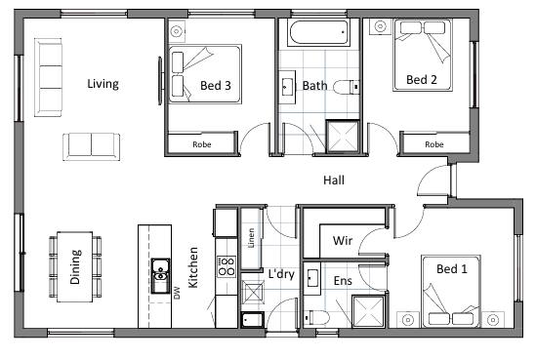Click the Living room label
pyautogui.click(x=103, y=84)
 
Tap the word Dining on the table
pyautogui.click(x=75, y=266)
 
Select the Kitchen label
pyautogui.click(x=193, y=267)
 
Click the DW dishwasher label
pyautogui.click(x=177, y=293)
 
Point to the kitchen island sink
pyautogui.click(x=160, y=276)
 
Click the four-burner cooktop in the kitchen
pyautogui.click(x=226, y=266)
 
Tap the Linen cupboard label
pyautogui.click(x=251, y=238)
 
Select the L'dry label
pyautogui.click(x=281, y=274)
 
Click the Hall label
pyautogui.click(x=334, y=180)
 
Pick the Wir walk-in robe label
pyautogui.click(x=343, y=240)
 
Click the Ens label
pyautogui.click(x=343, y=281)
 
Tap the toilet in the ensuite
pyautogui.click(x=317, y=317)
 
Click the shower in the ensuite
pyautogui.click(x=369, y=312)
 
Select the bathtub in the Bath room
pyautogui.click(x=318, y=32)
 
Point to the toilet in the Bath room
pyautogui.click(x=346, y=88)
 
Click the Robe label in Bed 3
pyautogui.click(x=202, y=144)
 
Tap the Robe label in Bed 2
pyautogui.click(x=434, y=144)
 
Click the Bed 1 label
pyautogui.click(x=452, y=269)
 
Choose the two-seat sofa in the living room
pyautogui.click(x=91, y=146)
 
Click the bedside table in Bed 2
pyautogui.click(x=380, y=26)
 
